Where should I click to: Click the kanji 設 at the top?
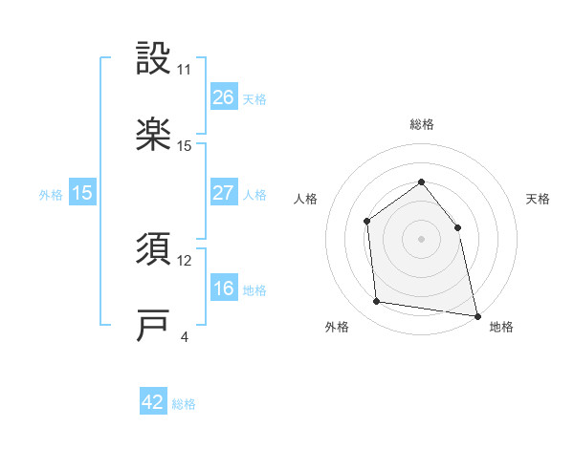(154, 60)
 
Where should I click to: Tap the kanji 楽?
(154, 135)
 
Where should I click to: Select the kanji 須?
(154, 250)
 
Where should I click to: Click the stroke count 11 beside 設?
(185, 70)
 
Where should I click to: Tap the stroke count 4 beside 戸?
(184, 337)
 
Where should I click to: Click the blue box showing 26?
(223, 97)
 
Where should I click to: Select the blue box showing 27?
(223, 193)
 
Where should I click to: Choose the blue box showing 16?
(223, 289)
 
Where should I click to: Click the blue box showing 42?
(153, 402)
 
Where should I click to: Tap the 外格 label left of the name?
(51, 194)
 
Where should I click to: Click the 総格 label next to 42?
(184, 404)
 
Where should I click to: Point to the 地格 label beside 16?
(254, 290)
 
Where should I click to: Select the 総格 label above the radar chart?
(421, 124)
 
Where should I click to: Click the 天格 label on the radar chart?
(538, 199)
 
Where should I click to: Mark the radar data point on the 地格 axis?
(476, 314)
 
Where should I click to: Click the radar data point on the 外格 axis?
(377, 302)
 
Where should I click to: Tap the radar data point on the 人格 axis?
(366, 222)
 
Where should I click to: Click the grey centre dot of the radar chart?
(421, 239)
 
